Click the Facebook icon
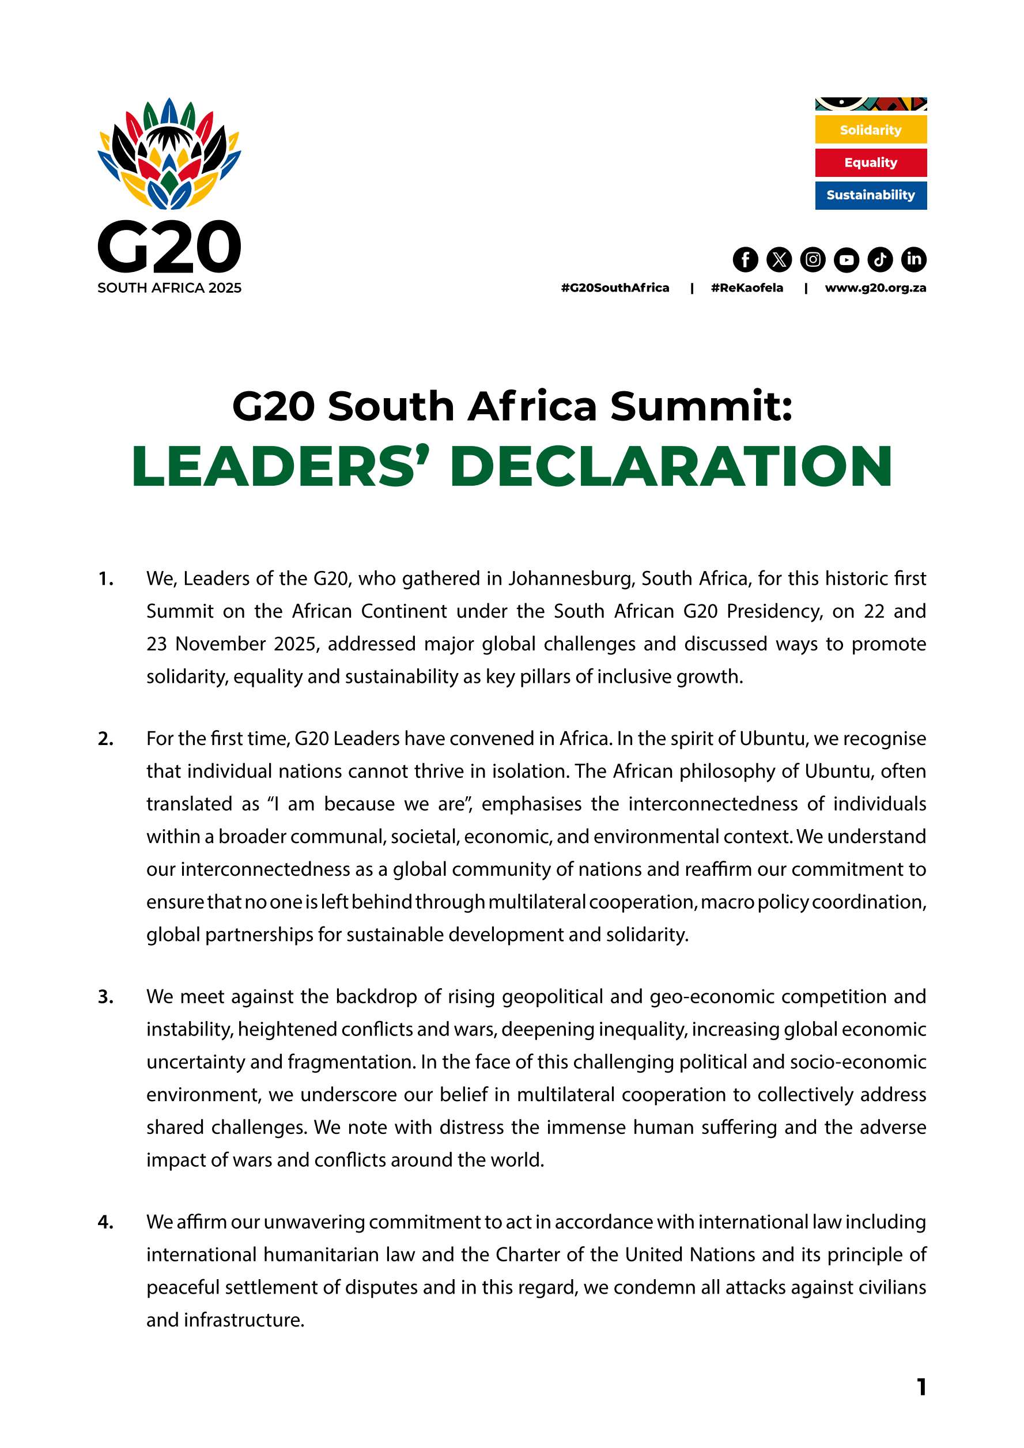click(x=745, y=259)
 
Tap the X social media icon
click(x=779, y=259)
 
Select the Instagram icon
click(x=813, y=259)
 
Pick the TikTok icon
click(x=881, y=259)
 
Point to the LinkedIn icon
click(x=914, y=259)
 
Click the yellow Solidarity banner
click(x=871, y=130)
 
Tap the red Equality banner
click(x=871, y=162)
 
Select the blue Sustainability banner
click(x=871, y=195)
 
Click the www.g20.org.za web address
click(x=875, y=288)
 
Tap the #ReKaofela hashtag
click(x=747, y=288)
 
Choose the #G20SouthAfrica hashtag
click(x=615, y=288)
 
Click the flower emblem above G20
click(x=169, y=154)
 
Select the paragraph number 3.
click(x=105, y=997)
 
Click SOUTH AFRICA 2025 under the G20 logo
click(x=169, y=288)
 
